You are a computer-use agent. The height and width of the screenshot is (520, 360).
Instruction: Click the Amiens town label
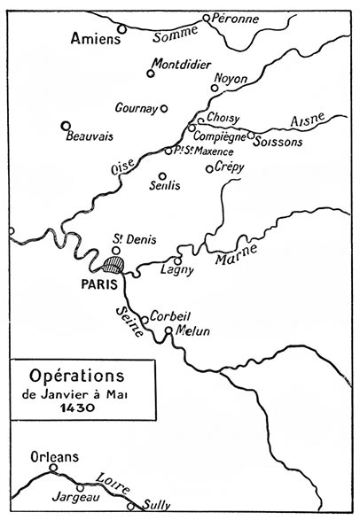[93, 40]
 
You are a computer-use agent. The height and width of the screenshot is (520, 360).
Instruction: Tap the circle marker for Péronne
[207, 18]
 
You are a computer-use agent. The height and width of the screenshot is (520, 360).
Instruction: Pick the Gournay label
[136, 107]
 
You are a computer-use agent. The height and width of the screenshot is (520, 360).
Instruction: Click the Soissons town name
[280, 142]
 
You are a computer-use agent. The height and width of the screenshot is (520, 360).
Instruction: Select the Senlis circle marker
[161, 175]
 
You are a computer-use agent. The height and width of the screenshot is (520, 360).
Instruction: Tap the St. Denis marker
[115, 250]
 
